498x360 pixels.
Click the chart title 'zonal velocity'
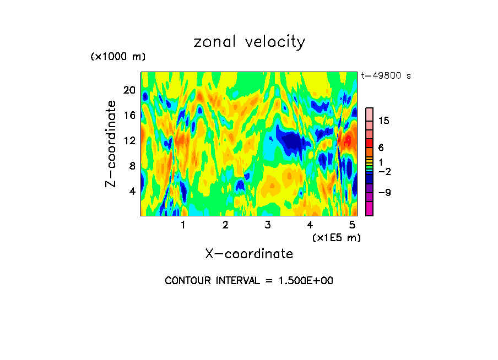point(249,42)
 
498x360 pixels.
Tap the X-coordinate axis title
point(249,254)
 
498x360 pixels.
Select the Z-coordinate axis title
point(111,144)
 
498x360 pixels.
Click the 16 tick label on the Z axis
point(129,116)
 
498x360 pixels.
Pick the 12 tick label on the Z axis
point(129,141)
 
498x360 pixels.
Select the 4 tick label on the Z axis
point(132,192)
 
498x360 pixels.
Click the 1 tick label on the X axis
point(183,225)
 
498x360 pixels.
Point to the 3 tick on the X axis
point(267,225)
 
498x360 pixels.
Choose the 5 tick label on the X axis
point(352,225)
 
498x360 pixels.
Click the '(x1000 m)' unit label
point(118,57)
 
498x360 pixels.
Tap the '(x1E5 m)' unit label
point(336,237)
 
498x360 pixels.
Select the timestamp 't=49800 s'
point(386,76)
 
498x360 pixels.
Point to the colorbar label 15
point(384,121)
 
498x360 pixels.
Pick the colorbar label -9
point(384,193)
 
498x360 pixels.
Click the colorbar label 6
point(381,148)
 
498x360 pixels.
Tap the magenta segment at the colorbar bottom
point(370,209)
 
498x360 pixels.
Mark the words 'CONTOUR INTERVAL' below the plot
point(211,281)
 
